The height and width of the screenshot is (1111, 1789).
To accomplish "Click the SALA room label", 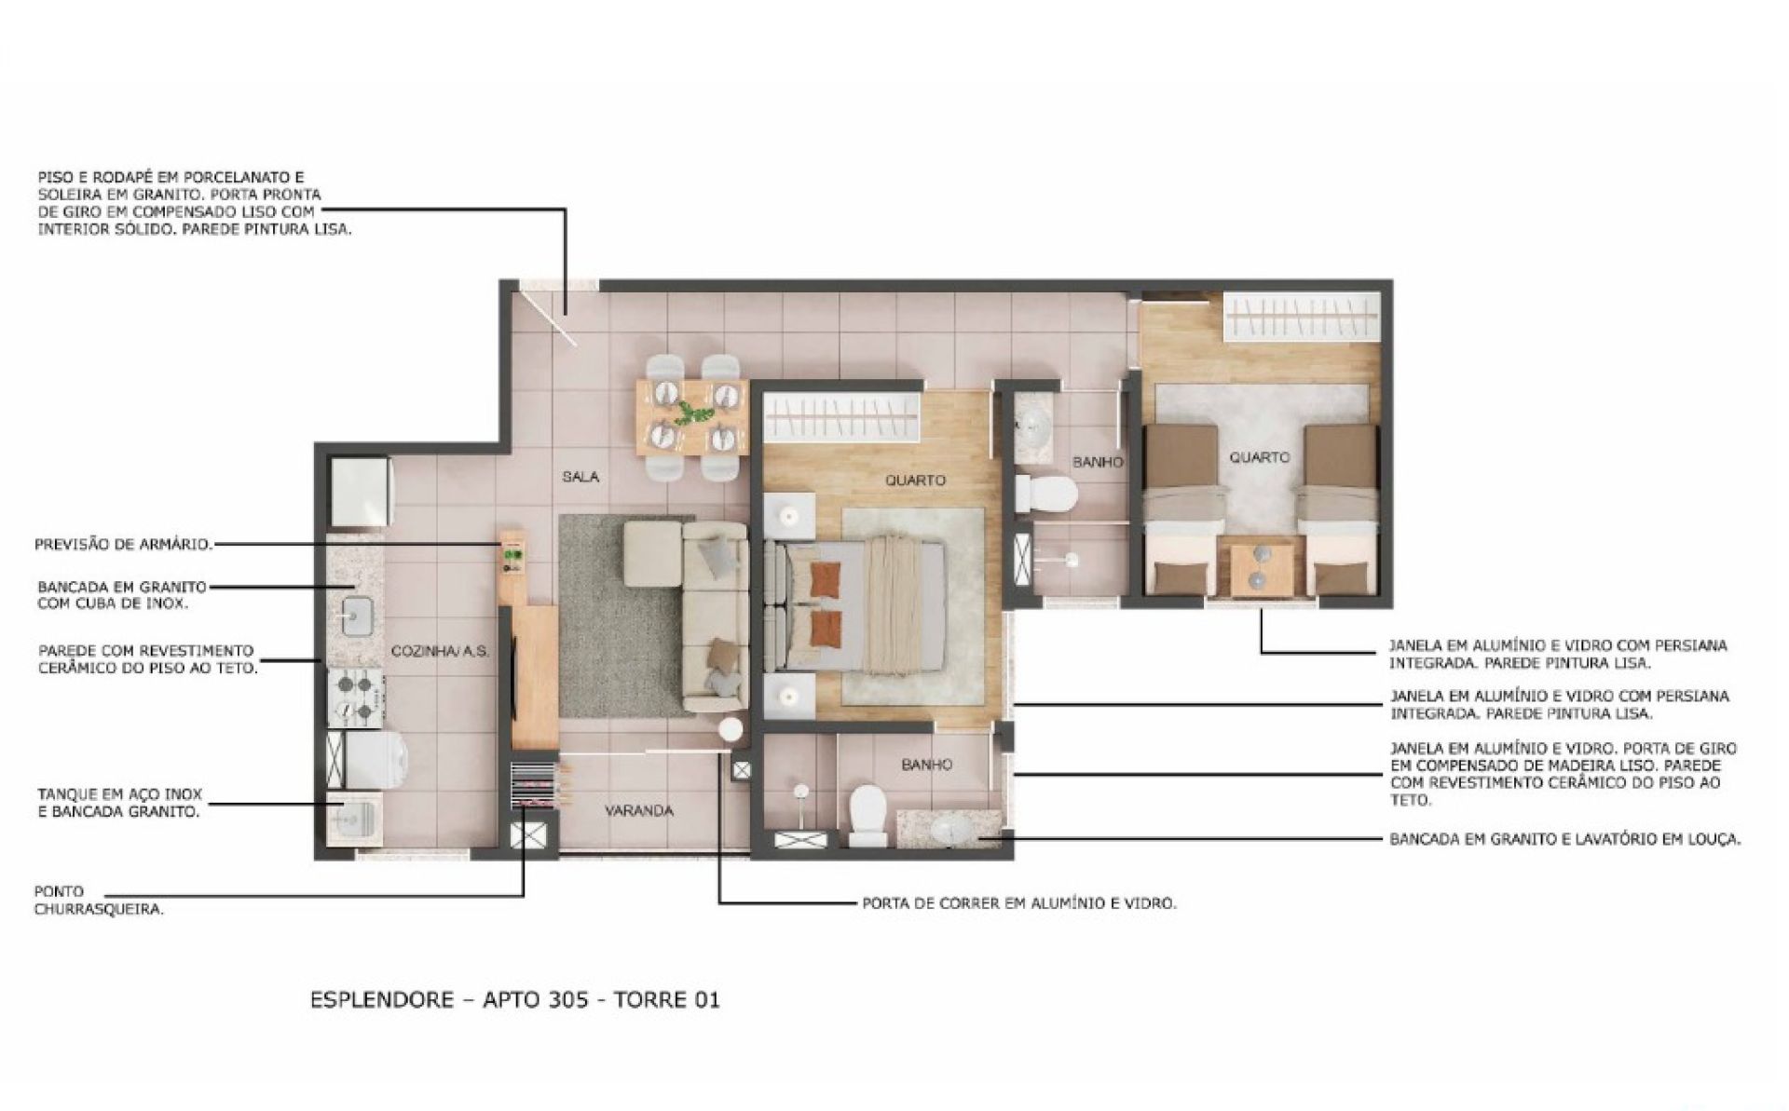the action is (x=580, y=477).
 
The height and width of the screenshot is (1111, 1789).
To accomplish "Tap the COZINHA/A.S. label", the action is (x=440, y=651).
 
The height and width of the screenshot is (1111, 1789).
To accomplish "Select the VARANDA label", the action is (x=638, y=810).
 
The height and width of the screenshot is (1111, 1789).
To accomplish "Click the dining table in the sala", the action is (x=691, y=415).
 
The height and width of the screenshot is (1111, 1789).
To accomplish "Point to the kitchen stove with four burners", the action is (x=357, y=698).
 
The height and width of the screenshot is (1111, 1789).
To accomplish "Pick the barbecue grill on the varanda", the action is (x=534, y=788).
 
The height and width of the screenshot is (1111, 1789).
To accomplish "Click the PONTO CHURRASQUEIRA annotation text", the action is (x=99, y=901).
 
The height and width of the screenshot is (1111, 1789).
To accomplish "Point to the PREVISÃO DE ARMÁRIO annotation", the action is (x=123, y=544).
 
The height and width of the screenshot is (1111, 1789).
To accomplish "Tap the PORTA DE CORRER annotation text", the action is (x=1019, y=903).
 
